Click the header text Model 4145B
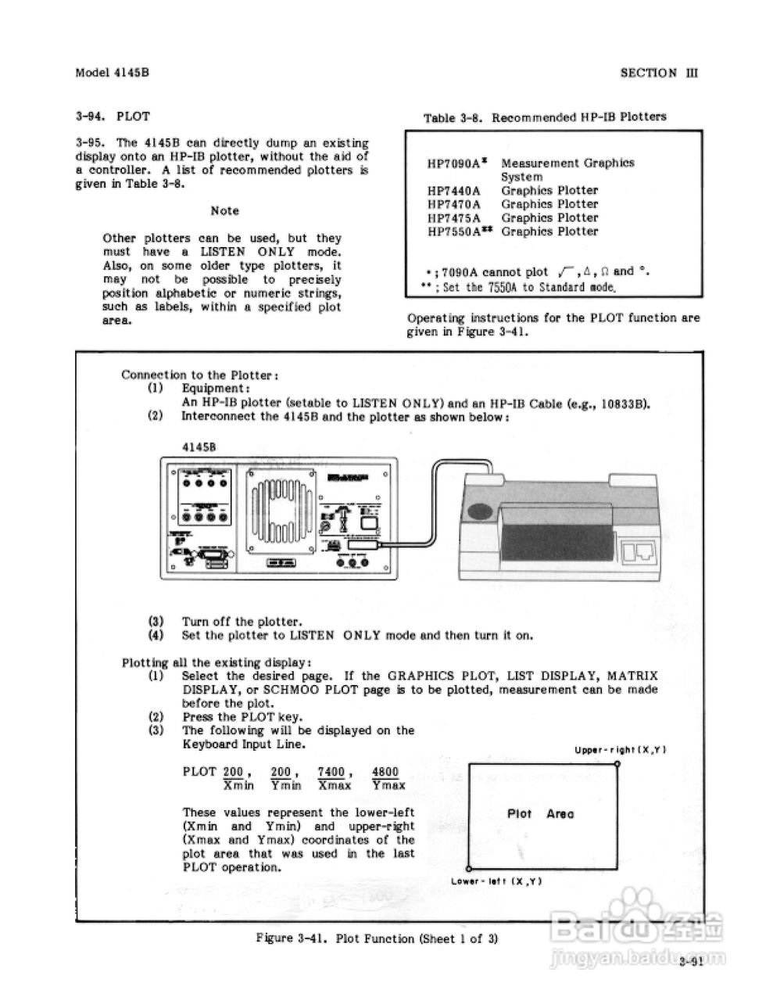pos(112,73)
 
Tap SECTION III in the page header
pos(658,73)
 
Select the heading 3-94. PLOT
pos(113,117)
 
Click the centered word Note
pos(225,211)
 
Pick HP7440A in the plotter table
pos(454,190)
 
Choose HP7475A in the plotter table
pos(454,217)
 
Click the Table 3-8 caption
pos(545,117)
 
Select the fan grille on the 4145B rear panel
pos(281,517)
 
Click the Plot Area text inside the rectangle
pos(540,814)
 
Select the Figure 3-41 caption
pos(377,938)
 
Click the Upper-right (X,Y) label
pos(620,750)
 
